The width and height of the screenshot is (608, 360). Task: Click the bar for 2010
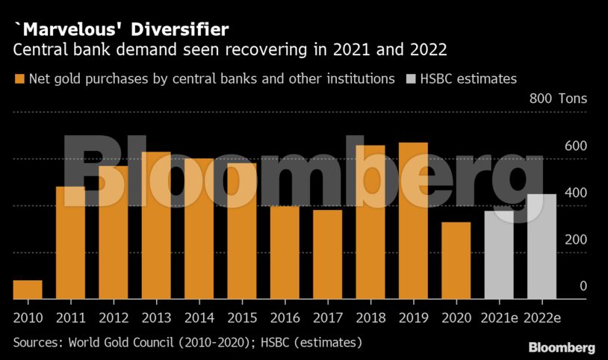[28, 290]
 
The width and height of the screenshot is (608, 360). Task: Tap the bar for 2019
[413, 220]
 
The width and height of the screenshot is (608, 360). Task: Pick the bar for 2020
[456, 261]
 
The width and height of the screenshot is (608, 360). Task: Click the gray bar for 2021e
[499, 255]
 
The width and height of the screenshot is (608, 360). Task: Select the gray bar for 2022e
[542, 246]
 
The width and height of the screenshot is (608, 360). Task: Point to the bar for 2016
[285, 252]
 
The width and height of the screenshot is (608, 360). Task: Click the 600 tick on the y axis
[576, 146]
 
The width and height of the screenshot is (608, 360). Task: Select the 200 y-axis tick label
[576, 240]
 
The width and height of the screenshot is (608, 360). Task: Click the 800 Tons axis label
[558, 99]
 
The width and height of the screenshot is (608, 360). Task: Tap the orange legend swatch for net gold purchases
[19, 78]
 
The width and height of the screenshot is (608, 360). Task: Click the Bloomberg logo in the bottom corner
[562, 347]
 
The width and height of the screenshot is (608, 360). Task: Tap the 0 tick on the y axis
[583, 287]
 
